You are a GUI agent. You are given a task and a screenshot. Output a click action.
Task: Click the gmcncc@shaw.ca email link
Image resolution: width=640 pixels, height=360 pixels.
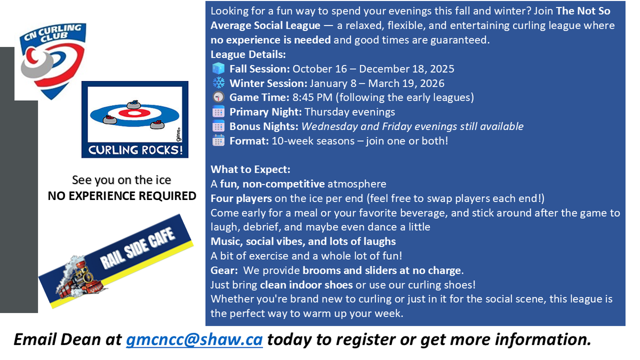[x=194, y=340]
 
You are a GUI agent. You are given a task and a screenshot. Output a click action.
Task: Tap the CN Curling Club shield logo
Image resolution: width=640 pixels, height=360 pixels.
[x=53, y=61]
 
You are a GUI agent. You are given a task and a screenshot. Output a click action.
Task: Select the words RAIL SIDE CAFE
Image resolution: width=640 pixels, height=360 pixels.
[x=137, y=249]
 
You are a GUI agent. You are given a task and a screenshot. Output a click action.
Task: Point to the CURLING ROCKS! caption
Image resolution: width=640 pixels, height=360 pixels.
[x=135, y=150]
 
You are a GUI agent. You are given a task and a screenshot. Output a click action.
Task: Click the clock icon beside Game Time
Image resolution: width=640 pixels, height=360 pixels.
[x=218, y=97]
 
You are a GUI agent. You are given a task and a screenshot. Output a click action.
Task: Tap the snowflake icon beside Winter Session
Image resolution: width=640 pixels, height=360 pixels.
[x=219, y=83]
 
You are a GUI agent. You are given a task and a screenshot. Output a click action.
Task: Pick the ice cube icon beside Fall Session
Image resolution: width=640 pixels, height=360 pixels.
[x=219, y=69]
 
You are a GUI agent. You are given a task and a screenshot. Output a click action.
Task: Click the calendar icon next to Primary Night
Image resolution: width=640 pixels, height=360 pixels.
[x=218, y=111]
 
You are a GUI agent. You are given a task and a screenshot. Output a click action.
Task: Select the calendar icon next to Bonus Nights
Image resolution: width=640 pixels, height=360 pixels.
[x=218, y=126]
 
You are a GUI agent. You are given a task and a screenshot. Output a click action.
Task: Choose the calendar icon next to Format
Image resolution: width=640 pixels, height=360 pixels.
[x=218, y=141]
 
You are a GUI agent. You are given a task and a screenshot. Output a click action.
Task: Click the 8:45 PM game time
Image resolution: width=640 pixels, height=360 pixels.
[x=313, y=98]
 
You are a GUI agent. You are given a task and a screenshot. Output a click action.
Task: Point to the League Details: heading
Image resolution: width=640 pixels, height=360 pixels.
[x=248, y=54]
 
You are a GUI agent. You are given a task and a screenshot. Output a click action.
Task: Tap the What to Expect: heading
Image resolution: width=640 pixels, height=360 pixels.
[x=250, y=170]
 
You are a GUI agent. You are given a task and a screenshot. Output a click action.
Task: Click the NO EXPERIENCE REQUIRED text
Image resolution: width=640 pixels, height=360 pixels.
[x=122, y=196]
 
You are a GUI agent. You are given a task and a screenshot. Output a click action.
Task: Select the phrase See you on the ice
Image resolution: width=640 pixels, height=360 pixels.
[x=122, y=180]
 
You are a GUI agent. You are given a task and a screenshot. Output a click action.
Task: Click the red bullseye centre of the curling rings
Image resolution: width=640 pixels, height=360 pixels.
[x=134, y=113]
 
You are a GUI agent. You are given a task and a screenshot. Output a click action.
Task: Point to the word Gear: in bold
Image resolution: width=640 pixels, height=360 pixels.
[x=225, y=270]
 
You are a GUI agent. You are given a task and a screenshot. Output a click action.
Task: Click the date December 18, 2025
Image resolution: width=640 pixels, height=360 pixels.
[x=406, y=69]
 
